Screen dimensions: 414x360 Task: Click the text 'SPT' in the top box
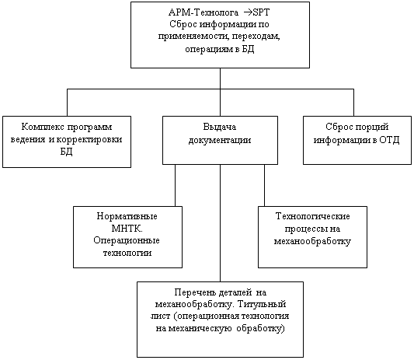coord(262,12)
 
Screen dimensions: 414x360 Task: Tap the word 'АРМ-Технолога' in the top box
coord(204,12)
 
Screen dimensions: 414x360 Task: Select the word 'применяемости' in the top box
coord(193,37)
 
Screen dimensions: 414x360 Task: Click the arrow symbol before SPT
coord(247,12)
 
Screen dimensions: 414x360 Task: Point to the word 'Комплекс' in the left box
coord(43,127)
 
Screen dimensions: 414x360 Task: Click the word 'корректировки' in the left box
coord(89,139)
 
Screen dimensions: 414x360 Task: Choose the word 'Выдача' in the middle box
coord(219,127)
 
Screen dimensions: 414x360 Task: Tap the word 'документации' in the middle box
coord(220,140)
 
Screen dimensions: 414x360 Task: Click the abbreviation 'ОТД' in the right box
coord(389,139)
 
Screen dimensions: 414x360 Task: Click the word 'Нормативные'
coord(127,216)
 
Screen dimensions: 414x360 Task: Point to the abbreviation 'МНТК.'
coord(127,229)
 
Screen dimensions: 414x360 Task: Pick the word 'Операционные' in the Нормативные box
coord(127,241)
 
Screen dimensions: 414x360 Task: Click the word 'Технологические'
coord(313,216)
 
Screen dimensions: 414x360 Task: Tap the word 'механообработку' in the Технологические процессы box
coord(312,241)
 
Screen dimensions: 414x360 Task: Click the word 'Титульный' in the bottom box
coord(262,304)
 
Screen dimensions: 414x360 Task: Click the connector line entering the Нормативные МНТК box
coord(175,185)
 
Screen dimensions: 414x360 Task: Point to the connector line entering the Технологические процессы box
coord(265,185)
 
